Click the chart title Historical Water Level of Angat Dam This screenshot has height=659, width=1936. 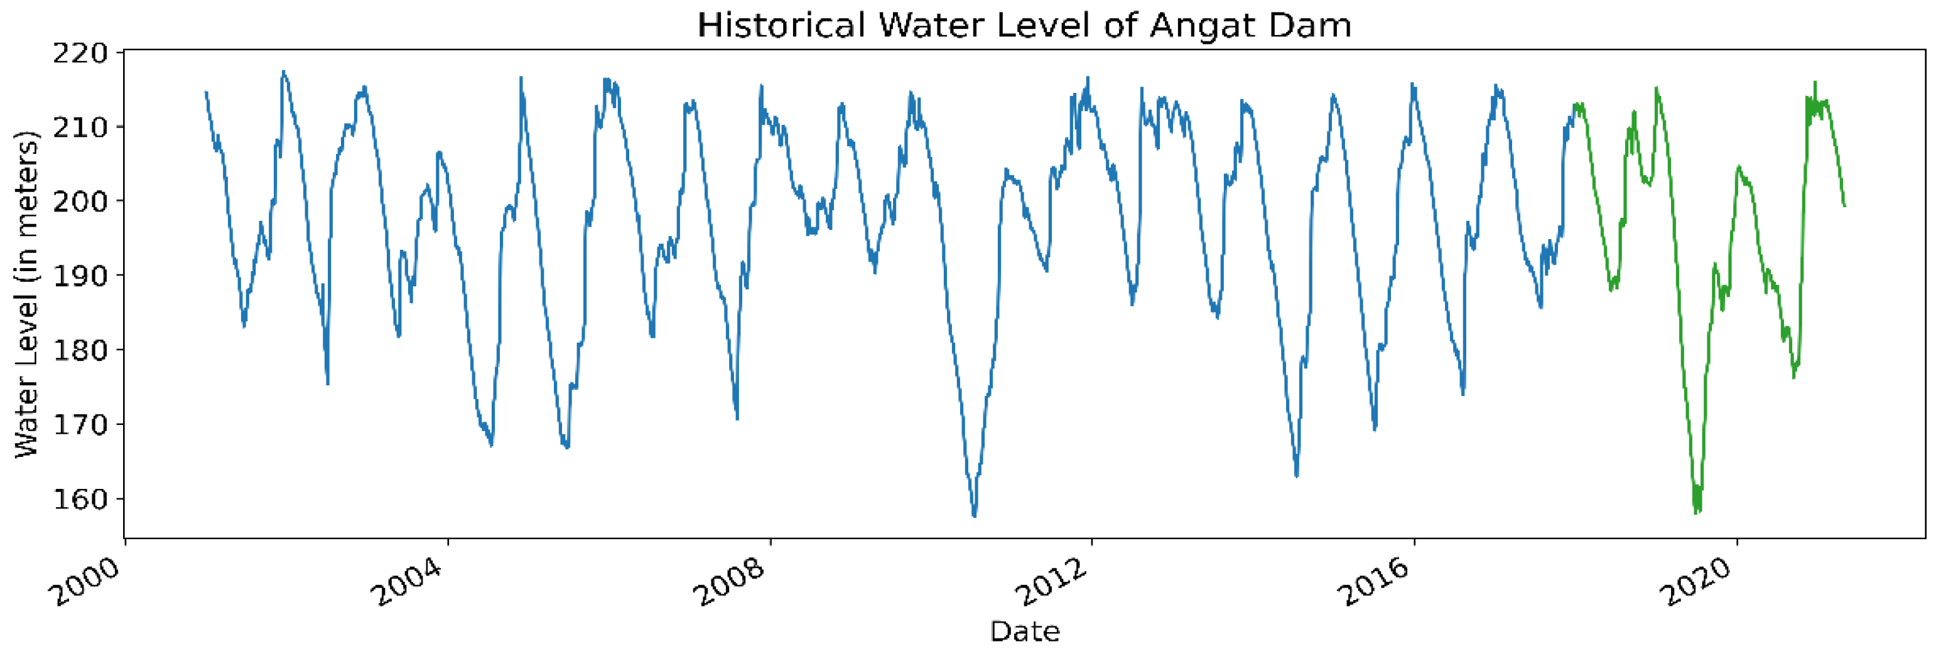click(x=1024, y=26)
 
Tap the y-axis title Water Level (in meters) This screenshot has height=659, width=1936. click(x=27, y=294)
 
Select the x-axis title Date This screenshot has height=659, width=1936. click(x=1024, y=631)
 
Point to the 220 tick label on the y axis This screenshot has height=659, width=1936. click(x=80, y=53)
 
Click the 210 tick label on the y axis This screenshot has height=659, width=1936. click(x=80, y=127)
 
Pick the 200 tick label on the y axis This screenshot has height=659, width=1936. click(x=80, y=201)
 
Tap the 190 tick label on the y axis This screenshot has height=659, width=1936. click(x=80, y=276)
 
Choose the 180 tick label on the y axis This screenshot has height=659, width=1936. click(x=80, y=350)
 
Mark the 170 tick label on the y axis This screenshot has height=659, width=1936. click(x=80, y=424)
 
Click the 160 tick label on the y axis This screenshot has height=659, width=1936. click(x=80, y=499)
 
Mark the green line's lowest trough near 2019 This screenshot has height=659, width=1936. click(x=1696, y=513)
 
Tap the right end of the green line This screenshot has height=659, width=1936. click(x=1844, y=206)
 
